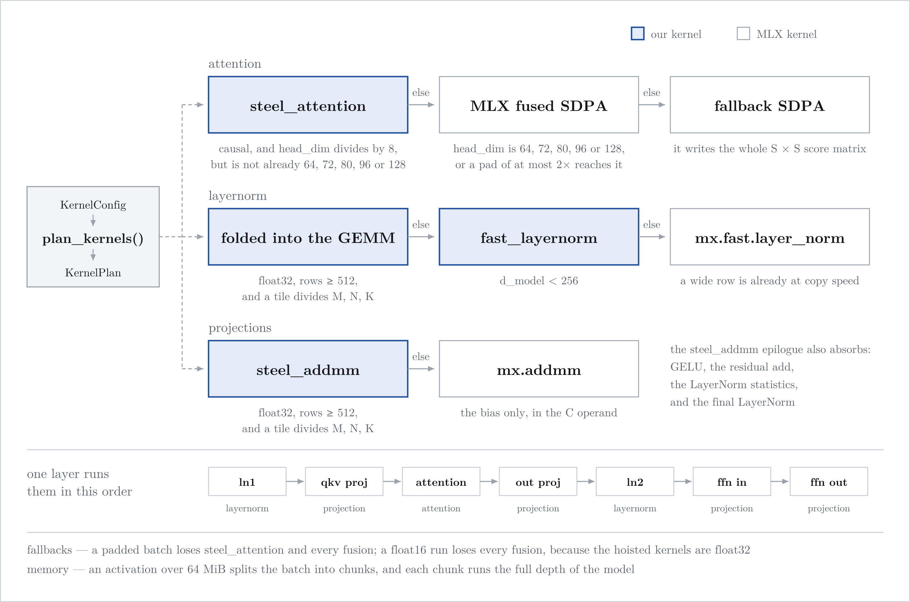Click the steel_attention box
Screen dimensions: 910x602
308,105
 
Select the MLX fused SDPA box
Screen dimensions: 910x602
539,105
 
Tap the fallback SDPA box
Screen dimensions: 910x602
770,105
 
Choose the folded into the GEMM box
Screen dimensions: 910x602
308,237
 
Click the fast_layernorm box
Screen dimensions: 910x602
539,237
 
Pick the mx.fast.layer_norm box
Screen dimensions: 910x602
770,237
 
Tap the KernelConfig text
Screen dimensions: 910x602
93,205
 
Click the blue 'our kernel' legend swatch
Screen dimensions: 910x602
637,33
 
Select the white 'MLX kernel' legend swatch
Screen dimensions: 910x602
743,33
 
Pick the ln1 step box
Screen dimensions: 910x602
247,481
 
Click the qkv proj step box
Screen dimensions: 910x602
344,481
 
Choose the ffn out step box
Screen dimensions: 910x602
829,481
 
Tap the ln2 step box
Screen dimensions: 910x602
635,481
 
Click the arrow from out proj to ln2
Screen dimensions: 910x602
586,481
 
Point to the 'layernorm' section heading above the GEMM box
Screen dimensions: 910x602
238,196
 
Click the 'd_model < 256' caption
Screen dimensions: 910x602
539,281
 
